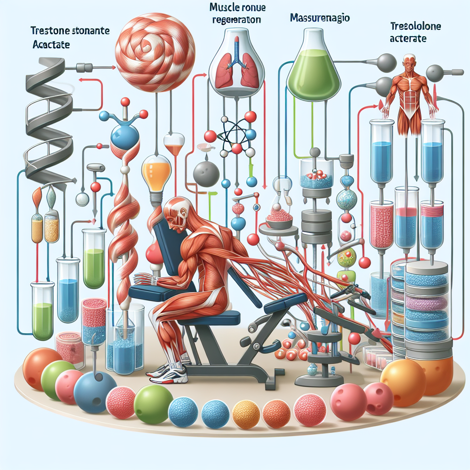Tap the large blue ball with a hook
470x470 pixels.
pyautogui.click(x=95, y=391)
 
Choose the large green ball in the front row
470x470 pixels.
pyautogui.click(x=153, y=404)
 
